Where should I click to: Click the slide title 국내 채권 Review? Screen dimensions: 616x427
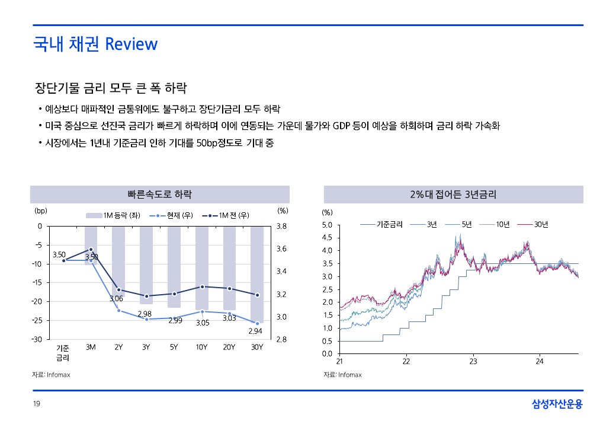[95, 44]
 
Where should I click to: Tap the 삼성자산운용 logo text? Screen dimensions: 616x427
[557, 404]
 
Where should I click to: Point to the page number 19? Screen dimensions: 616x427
[37, 403]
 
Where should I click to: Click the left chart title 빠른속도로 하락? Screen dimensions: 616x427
[160, 195]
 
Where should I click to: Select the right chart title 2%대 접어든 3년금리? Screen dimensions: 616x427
[453, 195]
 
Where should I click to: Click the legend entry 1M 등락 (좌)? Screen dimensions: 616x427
[113, 215]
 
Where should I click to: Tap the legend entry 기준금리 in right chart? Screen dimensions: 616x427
[381, 225]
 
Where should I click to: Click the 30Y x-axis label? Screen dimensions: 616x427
[257, 347]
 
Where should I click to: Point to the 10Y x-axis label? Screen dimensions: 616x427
[201, 347]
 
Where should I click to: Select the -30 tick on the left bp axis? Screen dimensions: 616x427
[37, 339]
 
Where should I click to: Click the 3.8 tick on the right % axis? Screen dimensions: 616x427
[281, 227]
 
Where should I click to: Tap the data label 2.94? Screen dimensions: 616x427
[255, 331]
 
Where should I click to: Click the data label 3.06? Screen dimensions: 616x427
[116, 299]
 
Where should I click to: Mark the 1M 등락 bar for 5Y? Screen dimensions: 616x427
[174, 267]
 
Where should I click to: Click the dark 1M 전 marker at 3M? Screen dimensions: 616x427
[91, 249]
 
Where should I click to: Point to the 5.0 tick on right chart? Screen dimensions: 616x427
[327, 225]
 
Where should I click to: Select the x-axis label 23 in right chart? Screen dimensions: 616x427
[473, 361]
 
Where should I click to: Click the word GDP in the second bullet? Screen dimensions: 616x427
[341, 126]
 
